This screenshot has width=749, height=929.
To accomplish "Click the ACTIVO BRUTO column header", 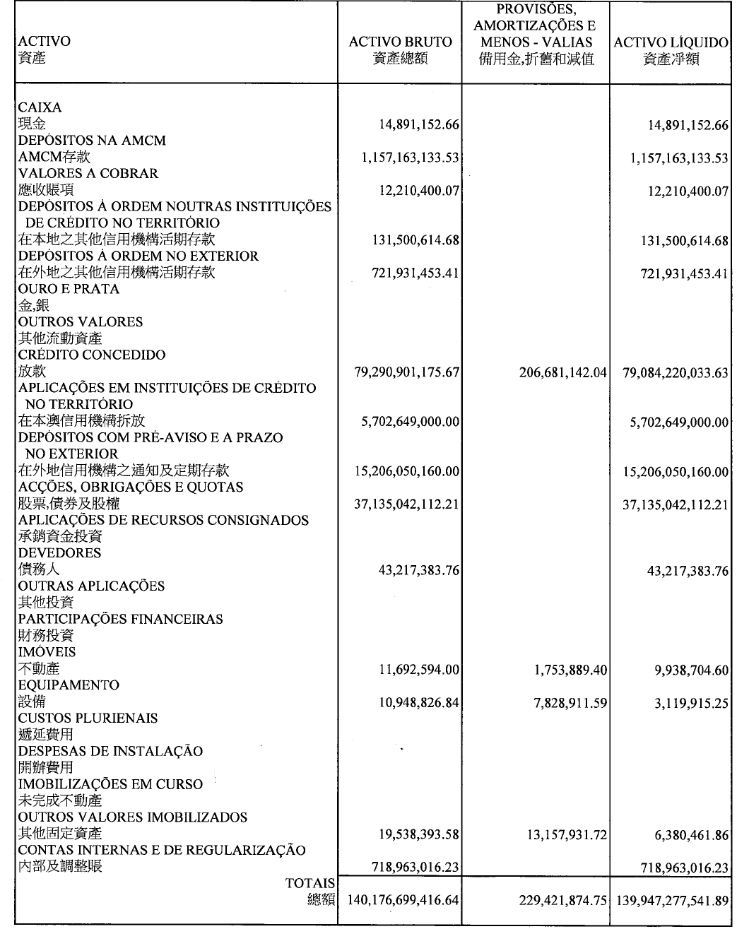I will click(400, 42).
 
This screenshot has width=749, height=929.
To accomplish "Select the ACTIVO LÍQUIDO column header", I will click(671, 42).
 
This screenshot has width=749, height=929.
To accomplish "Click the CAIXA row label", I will click(40, 107).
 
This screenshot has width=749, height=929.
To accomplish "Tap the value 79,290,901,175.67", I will click(408, 372).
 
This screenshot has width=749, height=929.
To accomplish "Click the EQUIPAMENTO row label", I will click(69, 685).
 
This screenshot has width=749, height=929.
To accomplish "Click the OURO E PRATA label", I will click(69, 289).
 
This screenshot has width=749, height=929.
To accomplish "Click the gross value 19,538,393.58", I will click(420, 834).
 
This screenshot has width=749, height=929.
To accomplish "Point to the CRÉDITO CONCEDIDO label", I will click(92, 355).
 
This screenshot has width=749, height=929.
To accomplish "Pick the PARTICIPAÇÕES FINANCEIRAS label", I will click(120, 619).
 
